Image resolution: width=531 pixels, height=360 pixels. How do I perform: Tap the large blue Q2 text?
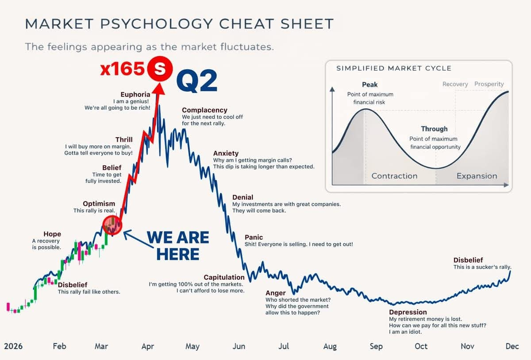(x=197, y=81)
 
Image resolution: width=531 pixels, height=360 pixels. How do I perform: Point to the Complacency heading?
(x=204, y=110)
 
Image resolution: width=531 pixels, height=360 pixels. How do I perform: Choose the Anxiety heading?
(x=226, y=154)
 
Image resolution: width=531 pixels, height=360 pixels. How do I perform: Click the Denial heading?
(x=242, y=197)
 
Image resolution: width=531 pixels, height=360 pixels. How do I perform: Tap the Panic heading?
(x=254, y=237)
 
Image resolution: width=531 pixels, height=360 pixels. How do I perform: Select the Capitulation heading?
(x=224, y=278)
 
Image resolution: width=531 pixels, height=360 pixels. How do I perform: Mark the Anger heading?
(x=275, y=293)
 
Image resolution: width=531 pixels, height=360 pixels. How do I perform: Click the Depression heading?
(x=408, y=312)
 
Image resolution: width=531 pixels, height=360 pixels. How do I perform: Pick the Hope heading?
(x=52, y=234)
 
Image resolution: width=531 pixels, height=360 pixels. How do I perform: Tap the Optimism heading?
(x=99, y=204)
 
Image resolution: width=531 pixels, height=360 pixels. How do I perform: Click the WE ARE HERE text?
(x=178, y=246)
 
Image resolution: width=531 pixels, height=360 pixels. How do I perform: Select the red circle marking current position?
(x=112, y=225)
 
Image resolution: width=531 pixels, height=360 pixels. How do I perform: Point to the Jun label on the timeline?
(x=239, y=346)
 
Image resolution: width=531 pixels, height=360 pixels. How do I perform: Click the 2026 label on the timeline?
(x=13, y=346)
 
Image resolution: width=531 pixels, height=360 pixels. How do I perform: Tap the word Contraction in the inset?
(x=394, y=176)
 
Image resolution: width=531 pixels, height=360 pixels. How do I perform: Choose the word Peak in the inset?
(x=369, y=85)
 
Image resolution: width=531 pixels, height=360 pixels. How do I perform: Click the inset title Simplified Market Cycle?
(x=394, y=68)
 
